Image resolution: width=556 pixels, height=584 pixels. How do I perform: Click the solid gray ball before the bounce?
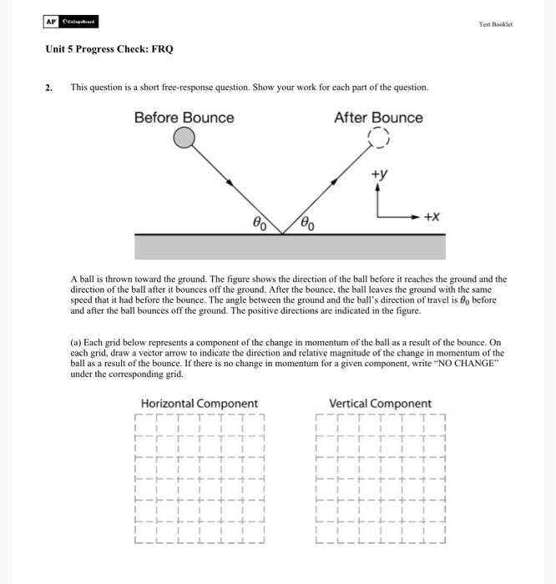pos(184,138)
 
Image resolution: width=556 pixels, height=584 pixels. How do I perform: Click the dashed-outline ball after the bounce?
pos(379,138)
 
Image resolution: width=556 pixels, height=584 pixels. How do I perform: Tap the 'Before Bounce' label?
pos(184,118)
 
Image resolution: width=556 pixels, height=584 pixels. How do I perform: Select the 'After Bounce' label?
pos(378,118)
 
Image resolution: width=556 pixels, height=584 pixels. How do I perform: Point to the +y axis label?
pos(379,174)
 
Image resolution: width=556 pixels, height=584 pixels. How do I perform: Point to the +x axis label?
pos(432,216)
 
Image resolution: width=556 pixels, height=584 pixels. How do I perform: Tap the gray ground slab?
pos(290,247)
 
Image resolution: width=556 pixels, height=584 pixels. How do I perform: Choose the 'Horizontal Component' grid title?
pos(199,404)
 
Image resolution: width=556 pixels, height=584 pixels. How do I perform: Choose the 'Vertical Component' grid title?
pos(381,404)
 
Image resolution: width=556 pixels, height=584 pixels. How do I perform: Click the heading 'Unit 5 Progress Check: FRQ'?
pos(109,49)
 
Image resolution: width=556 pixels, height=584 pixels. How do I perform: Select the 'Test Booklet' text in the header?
pos(496,24)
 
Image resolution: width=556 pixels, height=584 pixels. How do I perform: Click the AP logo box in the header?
pos(53,23)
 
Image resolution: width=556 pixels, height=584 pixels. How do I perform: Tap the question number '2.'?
pos(49,87)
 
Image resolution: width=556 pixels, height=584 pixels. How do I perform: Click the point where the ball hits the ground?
pos(284,234)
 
